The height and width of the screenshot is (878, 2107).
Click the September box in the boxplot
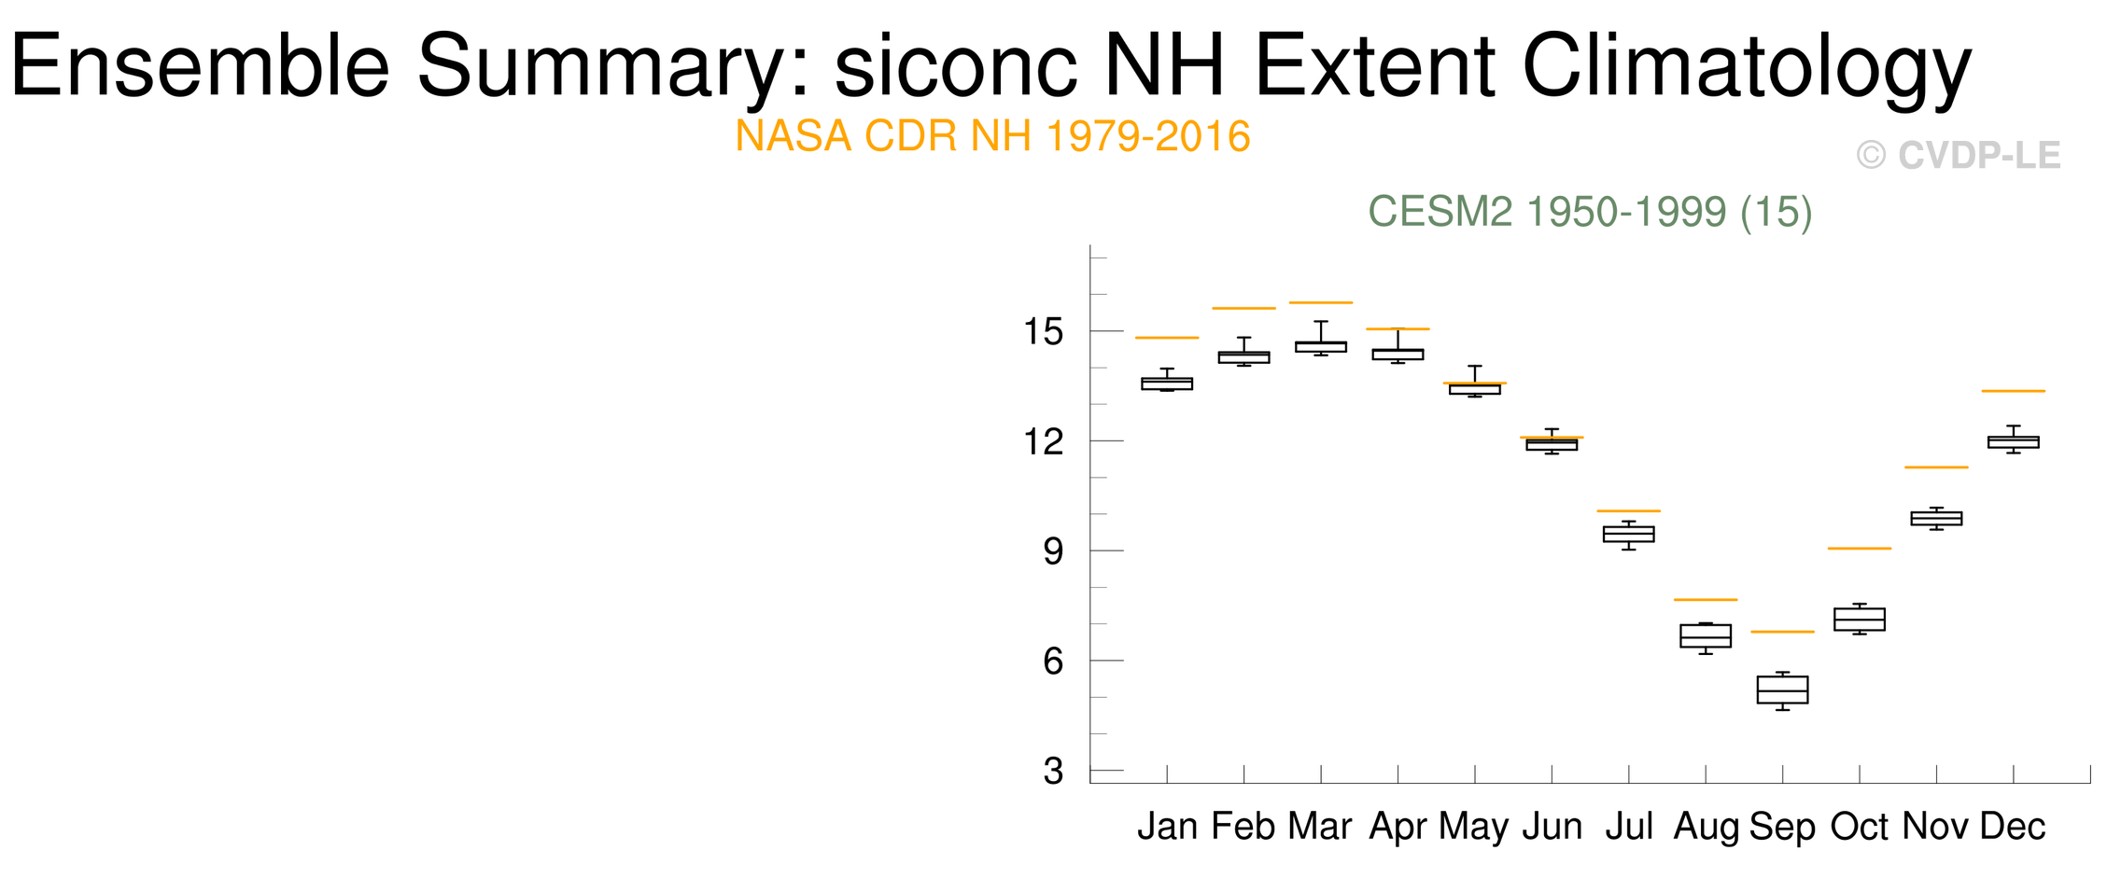(x=1782, y=690)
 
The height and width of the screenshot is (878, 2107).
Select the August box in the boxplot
(x=1706, y=636)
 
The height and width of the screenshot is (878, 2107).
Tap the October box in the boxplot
(x=1859, y=620)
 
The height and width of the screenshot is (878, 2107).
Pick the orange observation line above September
(x=1782, y=632)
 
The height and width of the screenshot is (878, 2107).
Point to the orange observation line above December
(x=2014, y=391)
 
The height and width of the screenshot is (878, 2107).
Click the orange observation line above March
(x=1321, y=302)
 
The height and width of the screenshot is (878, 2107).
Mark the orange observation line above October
(x=1859, y=549)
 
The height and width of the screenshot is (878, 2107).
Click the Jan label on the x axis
(x=1167, y=827)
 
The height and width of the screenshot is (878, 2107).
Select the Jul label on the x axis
(x=1629, y=827)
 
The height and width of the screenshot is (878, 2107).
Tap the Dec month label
(x=2013, y=827)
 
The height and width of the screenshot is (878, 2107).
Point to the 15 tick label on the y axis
(x=1044, y=331)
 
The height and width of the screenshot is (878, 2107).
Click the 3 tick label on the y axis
(x=1054, y=772)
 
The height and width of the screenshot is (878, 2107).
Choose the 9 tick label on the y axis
(x=1054, y=551)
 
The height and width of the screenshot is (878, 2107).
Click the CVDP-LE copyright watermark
(x=1959, y=156)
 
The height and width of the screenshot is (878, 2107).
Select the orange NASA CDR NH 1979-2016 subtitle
(x=992, y=137)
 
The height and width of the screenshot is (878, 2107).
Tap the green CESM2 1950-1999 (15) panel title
(x=1590, y=213)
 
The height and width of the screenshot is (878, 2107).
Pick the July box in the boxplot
(x=1629, y=534)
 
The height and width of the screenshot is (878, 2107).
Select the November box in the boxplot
(x=1936, y=518)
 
